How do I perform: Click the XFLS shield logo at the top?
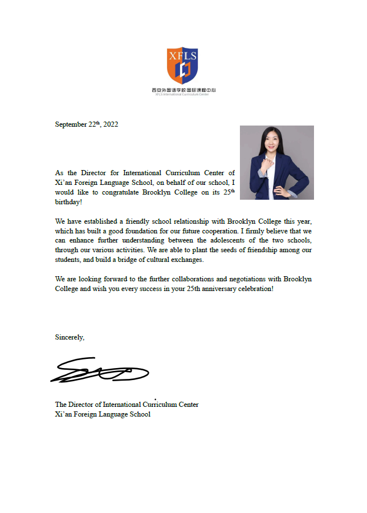182,64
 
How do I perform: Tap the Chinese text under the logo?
183,90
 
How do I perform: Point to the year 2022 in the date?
111,124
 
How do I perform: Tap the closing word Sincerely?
70,337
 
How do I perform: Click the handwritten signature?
100,371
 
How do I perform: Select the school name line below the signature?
103,414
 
